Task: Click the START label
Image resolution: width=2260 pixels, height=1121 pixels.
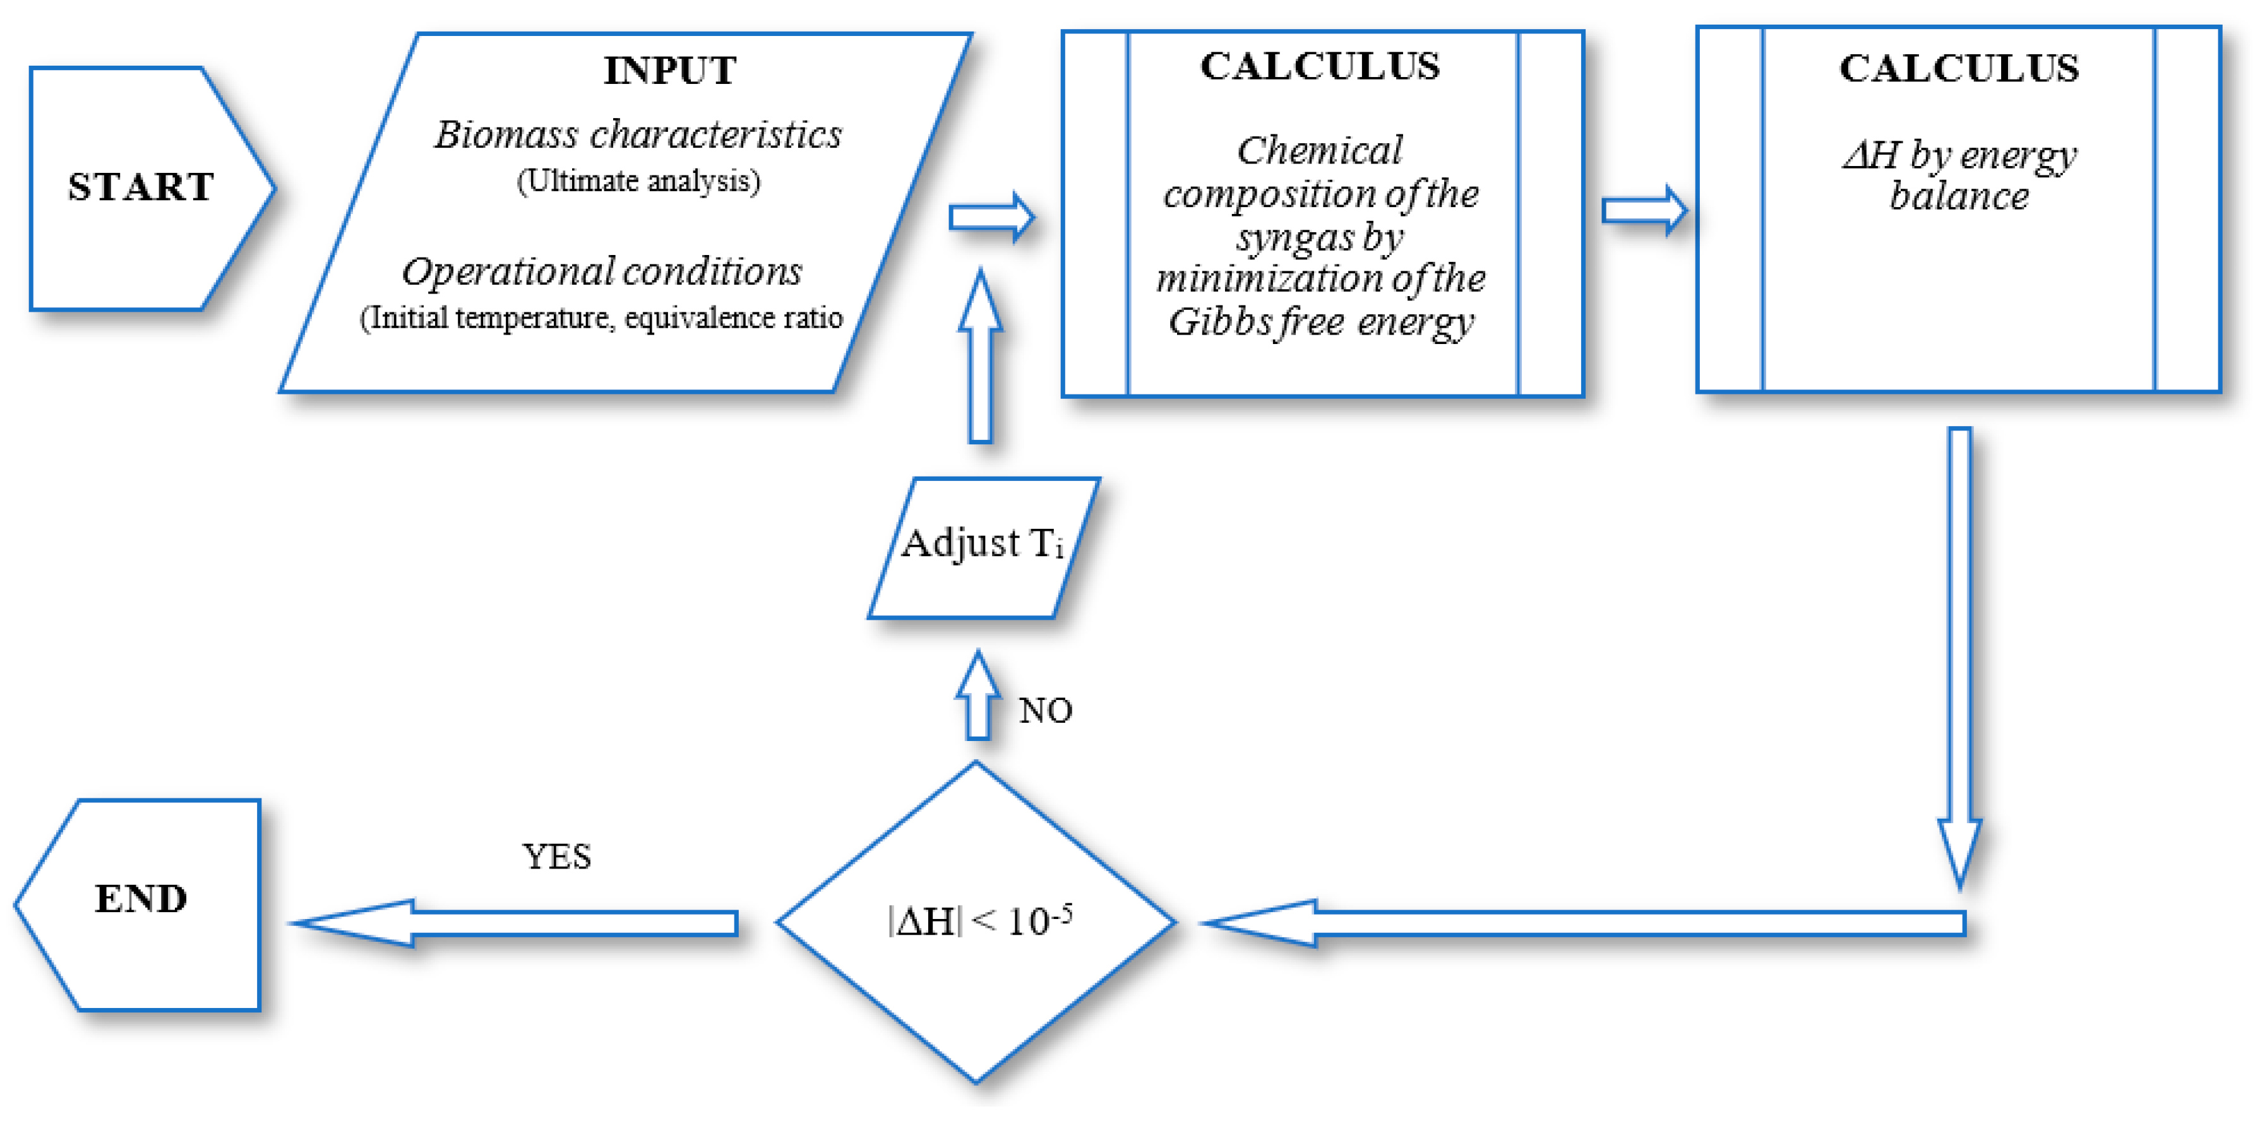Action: tap(140, 187)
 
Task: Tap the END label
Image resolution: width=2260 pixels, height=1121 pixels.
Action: tap(140, 899)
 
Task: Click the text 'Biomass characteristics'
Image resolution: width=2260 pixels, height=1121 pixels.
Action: tap(638, 135)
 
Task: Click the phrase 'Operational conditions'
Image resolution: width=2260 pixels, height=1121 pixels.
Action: tap(602, 272)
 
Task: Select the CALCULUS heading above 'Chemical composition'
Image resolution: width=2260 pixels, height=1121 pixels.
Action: tap(1320, 67)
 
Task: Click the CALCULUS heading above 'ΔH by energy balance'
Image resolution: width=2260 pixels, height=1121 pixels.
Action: tap(1958, 68)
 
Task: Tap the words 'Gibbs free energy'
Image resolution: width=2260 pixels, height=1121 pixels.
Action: tap(1320, 322)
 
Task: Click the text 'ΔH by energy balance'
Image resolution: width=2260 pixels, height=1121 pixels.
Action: tap(1958, 175)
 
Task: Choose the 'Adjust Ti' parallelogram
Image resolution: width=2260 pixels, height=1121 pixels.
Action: tap(983, 547)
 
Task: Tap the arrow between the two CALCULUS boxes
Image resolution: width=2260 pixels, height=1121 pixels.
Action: tap(1643, 211)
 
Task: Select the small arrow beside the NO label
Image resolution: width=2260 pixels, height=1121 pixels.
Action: tap(978, 697)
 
